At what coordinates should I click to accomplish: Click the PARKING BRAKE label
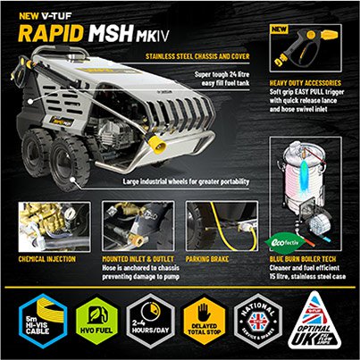212,259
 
